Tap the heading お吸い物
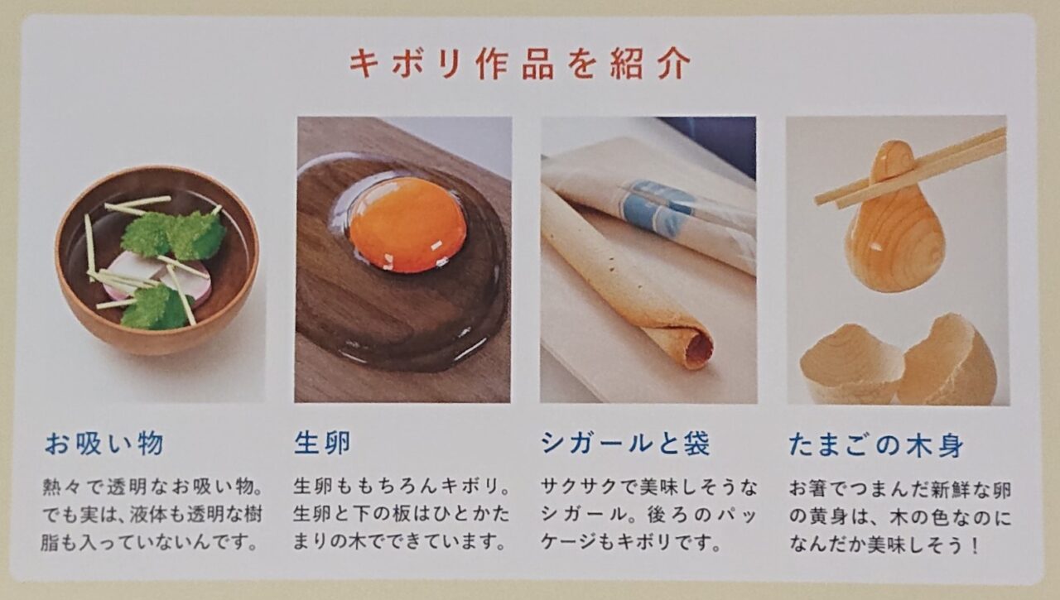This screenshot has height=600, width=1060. click(x=104, y=444)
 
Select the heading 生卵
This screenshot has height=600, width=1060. click(x=322, y=444)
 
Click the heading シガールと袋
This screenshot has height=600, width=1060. click(x=625, y=444)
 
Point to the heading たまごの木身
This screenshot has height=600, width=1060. click(x=875, y=446)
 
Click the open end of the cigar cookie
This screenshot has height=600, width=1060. click(x=697, y=348)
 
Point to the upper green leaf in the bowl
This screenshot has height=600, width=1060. click(x=174, y=234)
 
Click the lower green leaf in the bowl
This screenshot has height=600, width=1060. click(x=157, y=308)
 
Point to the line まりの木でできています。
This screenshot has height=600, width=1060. click(x=400, y=543)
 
